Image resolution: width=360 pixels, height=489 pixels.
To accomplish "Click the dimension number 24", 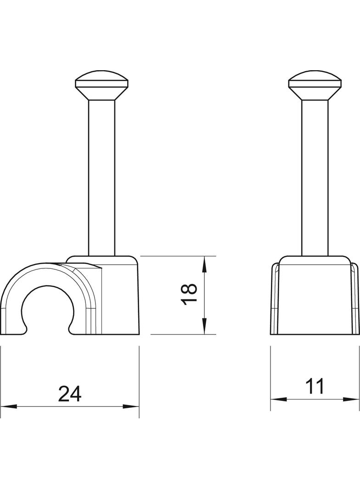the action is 70,394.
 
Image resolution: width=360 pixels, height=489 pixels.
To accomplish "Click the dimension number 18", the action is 189,294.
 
